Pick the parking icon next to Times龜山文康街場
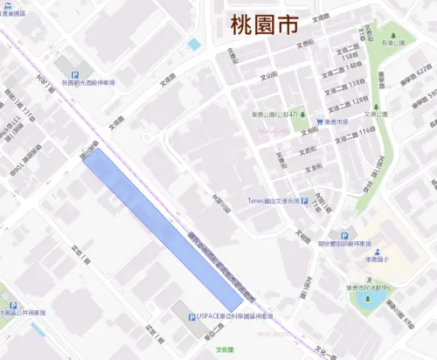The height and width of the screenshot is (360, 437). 304,200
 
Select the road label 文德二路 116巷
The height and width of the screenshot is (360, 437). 355,132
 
